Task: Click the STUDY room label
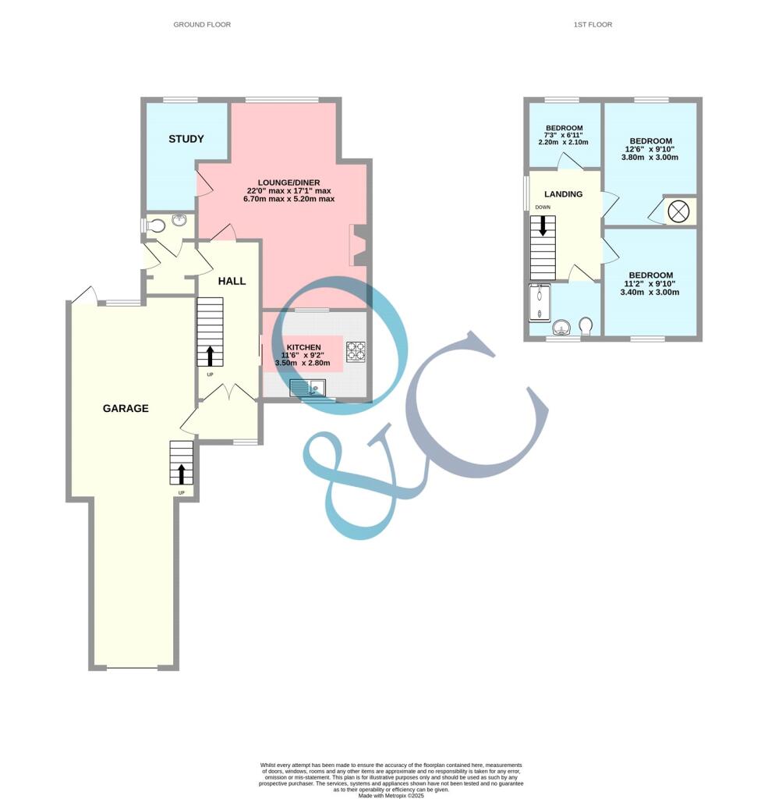[x=186, y=139]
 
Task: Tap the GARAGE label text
[x=126, y=408]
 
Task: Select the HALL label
[x=232, y=281]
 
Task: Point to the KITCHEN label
[x=303, y=347]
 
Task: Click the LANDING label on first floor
[x=563, y=194]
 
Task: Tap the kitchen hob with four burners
[x=356, y=351]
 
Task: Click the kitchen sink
[x=306, y=387]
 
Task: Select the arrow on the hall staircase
[x=210, y=356]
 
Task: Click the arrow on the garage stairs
[x=181, y=474]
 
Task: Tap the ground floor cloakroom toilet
[x=155, y=226]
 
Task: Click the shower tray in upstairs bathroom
[x=539, y=303]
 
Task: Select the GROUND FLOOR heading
[x=202, y=25]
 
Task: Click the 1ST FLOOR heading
[x=593, y=25]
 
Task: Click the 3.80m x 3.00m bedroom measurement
[x=649, y=157]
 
